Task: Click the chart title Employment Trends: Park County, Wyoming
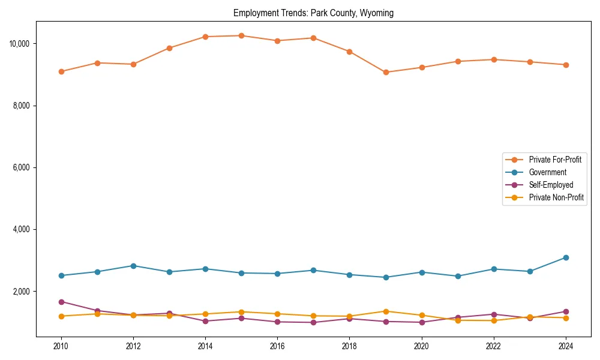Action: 313,13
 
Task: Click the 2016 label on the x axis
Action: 277,346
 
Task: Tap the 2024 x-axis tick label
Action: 565,346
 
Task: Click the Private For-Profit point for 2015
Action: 241,36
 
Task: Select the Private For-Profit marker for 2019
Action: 386,73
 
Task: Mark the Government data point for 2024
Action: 566,258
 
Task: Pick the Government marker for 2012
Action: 133,266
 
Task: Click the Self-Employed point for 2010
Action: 61,302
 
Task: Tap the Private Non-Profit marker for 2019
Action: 386,311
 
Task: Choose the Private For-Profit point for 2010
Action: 61,71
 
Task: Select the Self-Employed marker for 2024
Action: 566,311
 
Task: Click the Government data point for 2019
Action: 386,277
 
